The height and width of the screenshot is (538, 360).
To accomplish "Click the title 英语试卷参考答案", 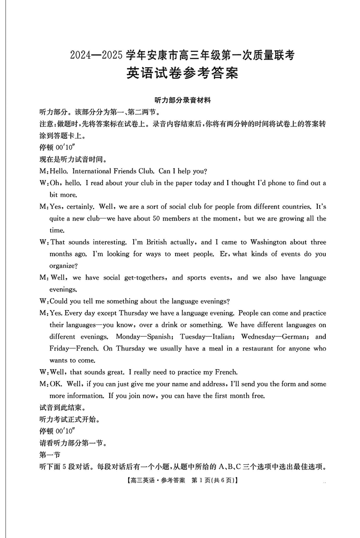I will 182,73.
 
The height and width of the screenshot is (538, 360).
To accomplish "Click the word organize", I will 63,266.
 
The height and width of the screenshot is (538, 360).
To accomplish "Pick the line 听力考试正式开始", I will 68,420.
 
